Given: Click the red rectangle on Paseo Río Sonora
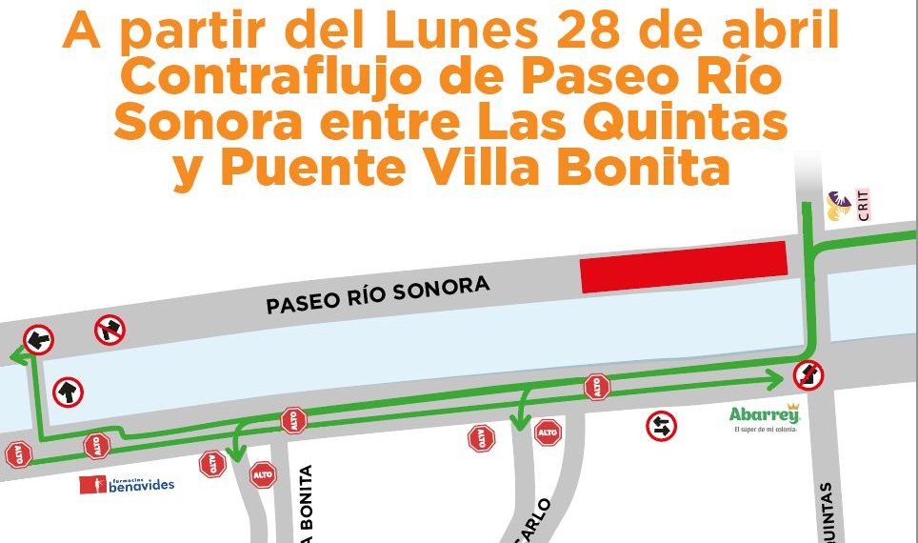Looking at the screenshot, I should tap(684, 267).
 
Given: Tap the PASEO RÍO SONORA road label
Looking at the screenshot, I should tap(377, 294).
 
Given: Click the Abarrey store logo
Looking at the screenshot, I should tap(764, 417).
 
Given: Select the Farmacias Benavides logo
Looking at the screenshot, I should tap(128, 484).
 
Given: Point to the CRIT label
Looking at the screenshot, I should tap(863, 205).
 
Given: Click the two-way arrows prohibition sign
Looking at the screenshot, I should tap(660, 426).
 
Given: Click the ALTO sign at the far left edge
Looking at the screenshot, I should tap(17, 455).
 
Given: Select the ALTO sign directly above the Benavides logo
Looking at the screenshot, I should tap(96, 445).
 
